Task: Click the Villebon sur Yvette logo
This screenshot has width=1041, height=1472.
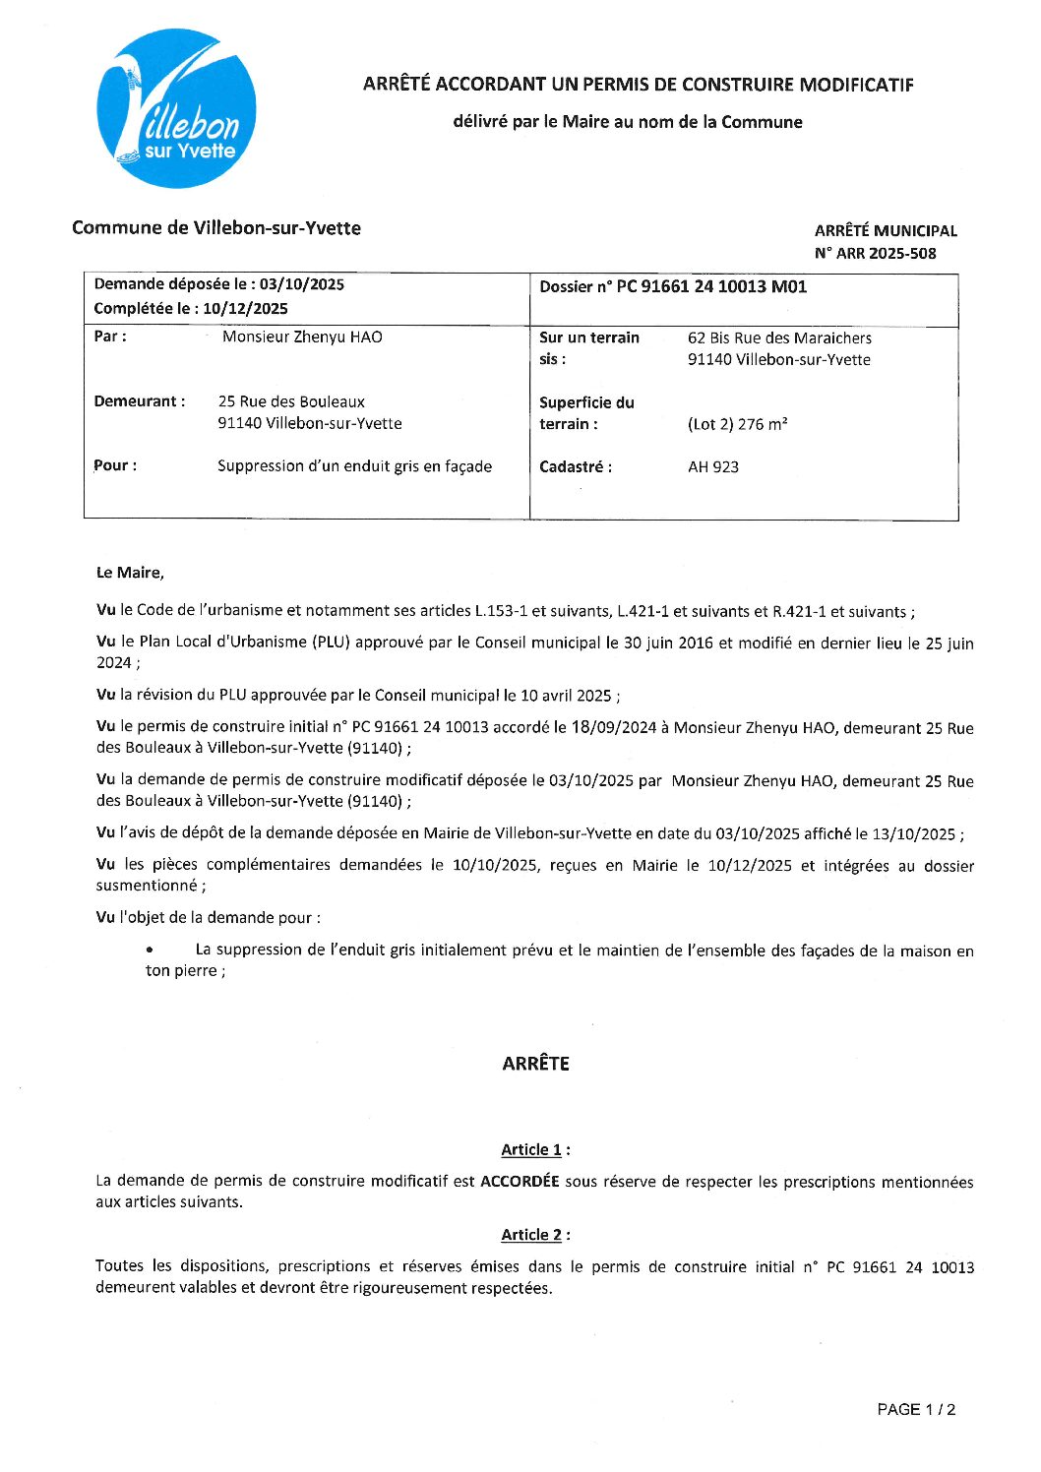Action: click(x=176, y=108)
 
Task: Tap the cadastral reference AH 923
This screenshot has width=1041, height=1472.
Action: click(x=713, y=467)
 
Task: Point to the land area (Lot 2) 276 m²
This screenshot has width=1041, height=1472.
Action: click(x=737, y=424)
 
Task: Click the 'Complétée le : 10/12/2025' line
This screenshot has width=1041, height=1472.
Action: click(x=191, y=308)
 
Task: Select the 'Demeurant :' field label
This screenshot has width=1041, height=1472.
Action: click(x=139, y=401)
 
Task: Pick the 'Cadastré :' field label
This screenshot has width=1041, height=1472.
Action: click(x=576, y=467)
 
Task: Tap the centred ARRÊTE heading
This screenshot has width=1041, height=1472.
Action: click(x=535, y=1064)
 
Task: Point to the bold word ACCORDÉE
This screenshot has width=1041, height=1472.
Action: click(x=520, y=1181)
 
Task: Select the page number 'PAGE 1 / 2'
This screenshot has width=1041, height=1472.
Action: click(x=916, y=1410)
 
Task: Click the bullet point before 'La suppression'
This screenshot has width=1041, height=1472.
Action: click(x=150, y=951)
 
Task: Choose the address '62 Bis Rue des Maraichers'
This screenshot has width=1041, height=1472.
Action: click(x=779, y=338)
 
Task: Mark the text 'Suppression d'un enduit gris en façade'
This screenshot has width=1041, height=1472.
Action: click(x=354, y=466)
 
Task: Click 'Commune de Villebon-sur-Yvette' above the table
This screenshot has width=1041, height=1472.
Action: click(x=216, y=228)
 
